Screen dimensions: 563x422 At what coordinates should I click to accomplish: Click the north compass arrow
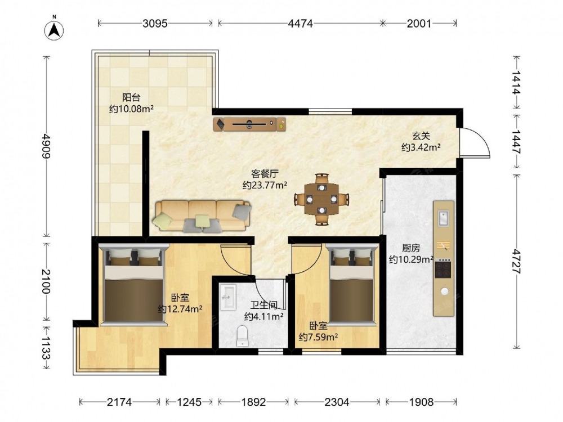54,30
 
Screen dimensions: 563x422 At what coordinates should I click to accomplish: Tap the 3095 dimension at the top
155,24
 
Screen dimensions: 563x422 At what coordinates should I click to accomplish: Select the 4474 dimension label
301,24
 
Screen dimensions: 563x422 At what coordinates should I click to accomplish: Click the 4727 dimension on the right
516,261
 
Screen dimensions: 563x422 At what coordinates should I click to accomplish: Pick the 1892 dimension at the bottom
253,402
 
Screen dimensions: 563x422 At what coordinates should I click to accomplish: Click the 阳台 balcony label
131,97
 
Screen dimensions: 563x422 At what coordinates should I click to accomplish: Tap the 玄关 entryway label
421,136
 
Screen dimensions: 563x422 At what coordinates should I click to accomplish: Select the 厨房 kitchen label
411,248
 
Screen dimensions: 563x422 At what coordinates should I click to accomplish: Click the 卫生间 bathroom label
264,306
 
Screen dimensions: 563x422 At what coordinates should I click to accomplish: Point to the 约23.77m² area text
265,185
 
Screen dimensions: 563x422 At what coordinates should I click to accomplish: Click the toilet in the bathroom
242,335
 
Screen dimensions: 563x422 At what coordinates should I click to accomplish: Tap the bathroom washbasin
227,297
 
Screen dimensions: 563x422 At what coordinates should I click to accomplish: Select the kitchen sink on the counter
444,218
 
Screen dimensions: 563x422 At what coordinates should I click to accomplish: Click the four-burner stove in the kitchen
443,269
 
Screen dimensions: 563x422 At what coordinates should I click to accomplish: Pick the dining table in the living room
322,199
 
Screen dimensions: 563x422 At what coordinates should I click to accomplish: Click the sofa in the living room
203,216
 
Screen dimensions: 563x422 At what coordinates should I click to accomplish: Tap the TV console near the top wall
249,124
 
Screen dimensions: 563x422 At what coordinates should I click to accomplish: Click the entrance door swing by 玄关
475,142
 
